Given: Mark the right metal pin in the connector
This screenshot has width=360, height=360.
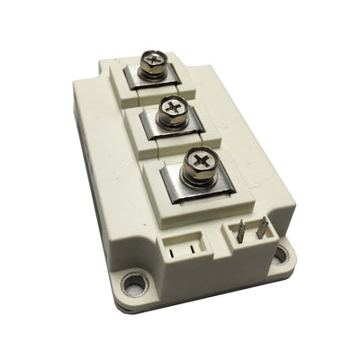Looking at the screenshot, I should (x=261, y=228).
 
